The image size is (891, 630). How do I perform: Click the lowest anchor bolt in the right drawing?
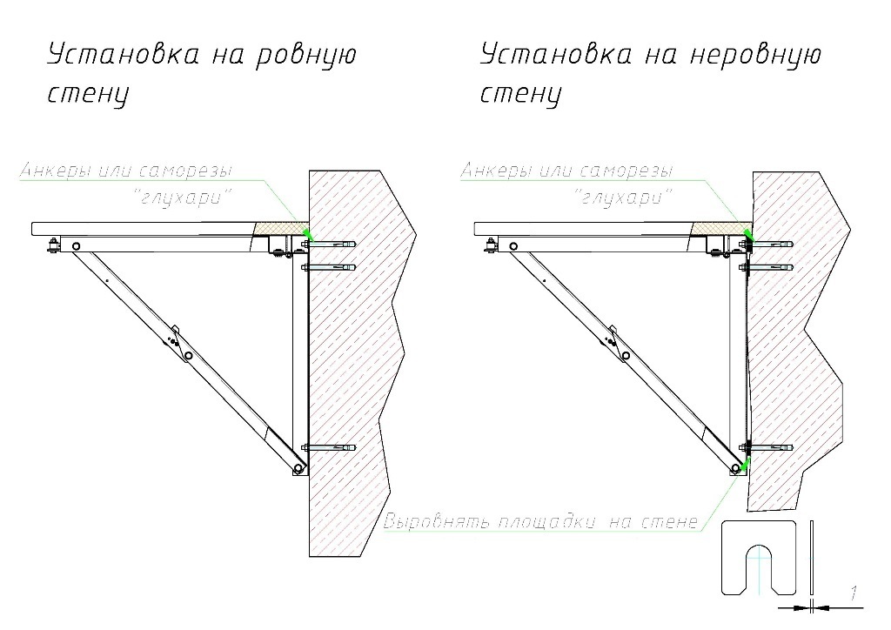[770, 448]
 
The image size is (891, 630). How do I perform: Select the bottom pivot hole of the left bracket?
[298, 468]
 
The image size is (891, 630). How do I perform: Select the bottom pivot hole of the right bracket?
[736, 468]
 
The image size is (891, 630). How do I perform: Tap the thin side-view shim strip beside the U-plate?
[812, 558]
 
